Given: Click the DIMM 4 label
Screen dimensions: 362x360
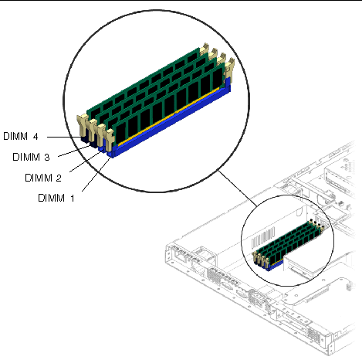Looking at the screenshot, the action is click(21, 136).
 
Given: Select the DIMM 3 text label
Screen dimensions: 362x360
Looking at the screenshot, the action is click(31, 157).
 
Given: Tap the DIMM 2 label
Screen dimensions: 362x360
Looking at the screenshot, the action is click(43, 178).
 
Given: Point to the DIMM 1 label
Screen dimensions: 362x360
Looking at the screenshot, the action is click(56, 198).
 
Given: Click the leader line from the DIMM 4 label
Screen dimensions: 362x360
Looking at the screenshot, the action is click(64, 137).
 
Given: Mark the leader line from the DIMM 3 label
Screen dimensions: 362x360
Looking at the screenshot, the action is click(74, 151).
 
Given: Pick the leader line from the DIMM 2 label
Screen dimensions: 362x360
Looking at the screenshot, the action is click(85, 161).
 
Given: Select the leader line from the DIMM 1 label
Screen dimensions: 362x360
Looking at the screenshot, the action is click(96, 175).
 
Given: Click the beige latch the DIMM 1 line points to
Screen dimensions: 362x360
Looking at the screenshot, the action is click(110, 140).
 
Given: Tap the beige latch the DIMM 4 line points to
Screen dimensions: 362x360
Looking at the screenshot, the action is click(83, 125).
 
